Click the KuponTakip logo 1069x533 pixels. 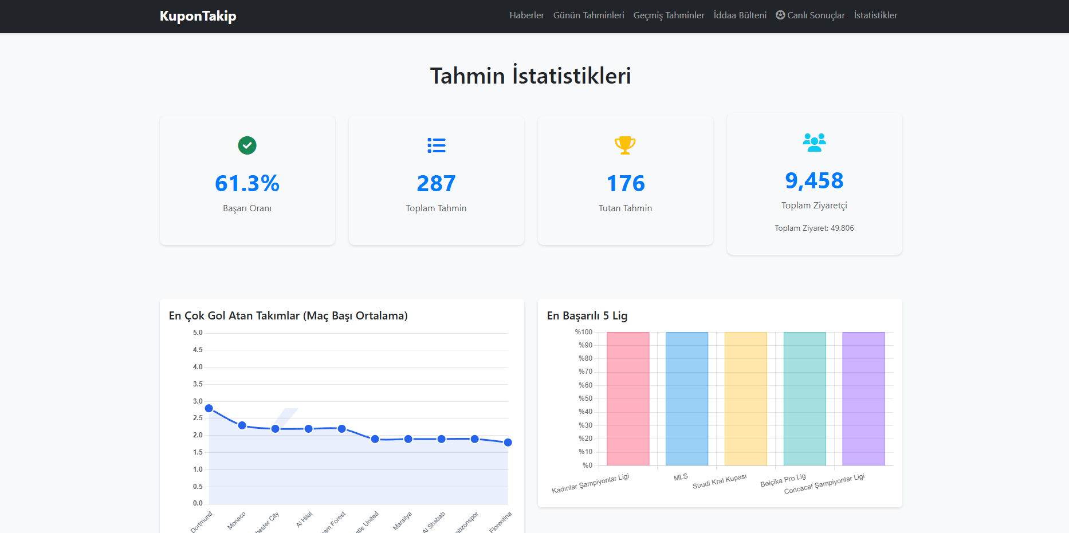click(x=198, y=16)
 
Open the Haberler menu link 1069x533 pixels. click(x=526, y=15)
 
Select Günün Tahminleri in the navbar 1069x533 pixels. click(x=588, y=15)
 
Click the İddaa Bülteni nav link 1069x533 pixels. click(x=740, y=15)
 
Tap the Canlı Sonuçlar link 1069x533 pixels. click(x=810, y=15)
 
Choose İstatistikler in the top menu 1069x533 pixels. click(x=875, y=15)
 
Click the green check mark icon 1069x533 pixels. click(x=247, y=145)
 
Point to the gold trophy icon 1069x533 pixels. click(x=625, y=145)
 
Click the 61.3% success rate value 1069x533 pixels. click(x=247, y=184)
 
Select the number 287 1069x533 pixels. click(x=436, y=184)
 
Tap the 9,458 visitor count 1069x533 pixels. click(x=814, y=181)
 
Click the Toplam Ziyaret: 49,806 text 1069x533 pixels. click(x=814, y=228)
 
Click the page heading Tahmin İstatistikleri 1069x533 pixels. click(x=530, y=76)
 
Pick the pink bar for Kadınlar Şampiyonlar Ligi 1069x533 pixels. click(x=628, y=398)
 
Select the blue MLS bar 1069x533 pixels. click(x=687, y=398)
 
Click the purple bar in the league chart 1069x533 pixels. click(x=863, y=398)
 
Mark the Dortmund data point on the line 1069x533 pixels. click(x=209, y=408)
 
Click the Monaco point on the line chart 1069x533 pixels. click(x=242, y=425)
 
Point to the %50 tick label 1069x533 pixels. click(x=585, y=398)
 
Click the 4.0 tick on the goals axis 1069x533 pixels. click(x=198, y=367)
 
